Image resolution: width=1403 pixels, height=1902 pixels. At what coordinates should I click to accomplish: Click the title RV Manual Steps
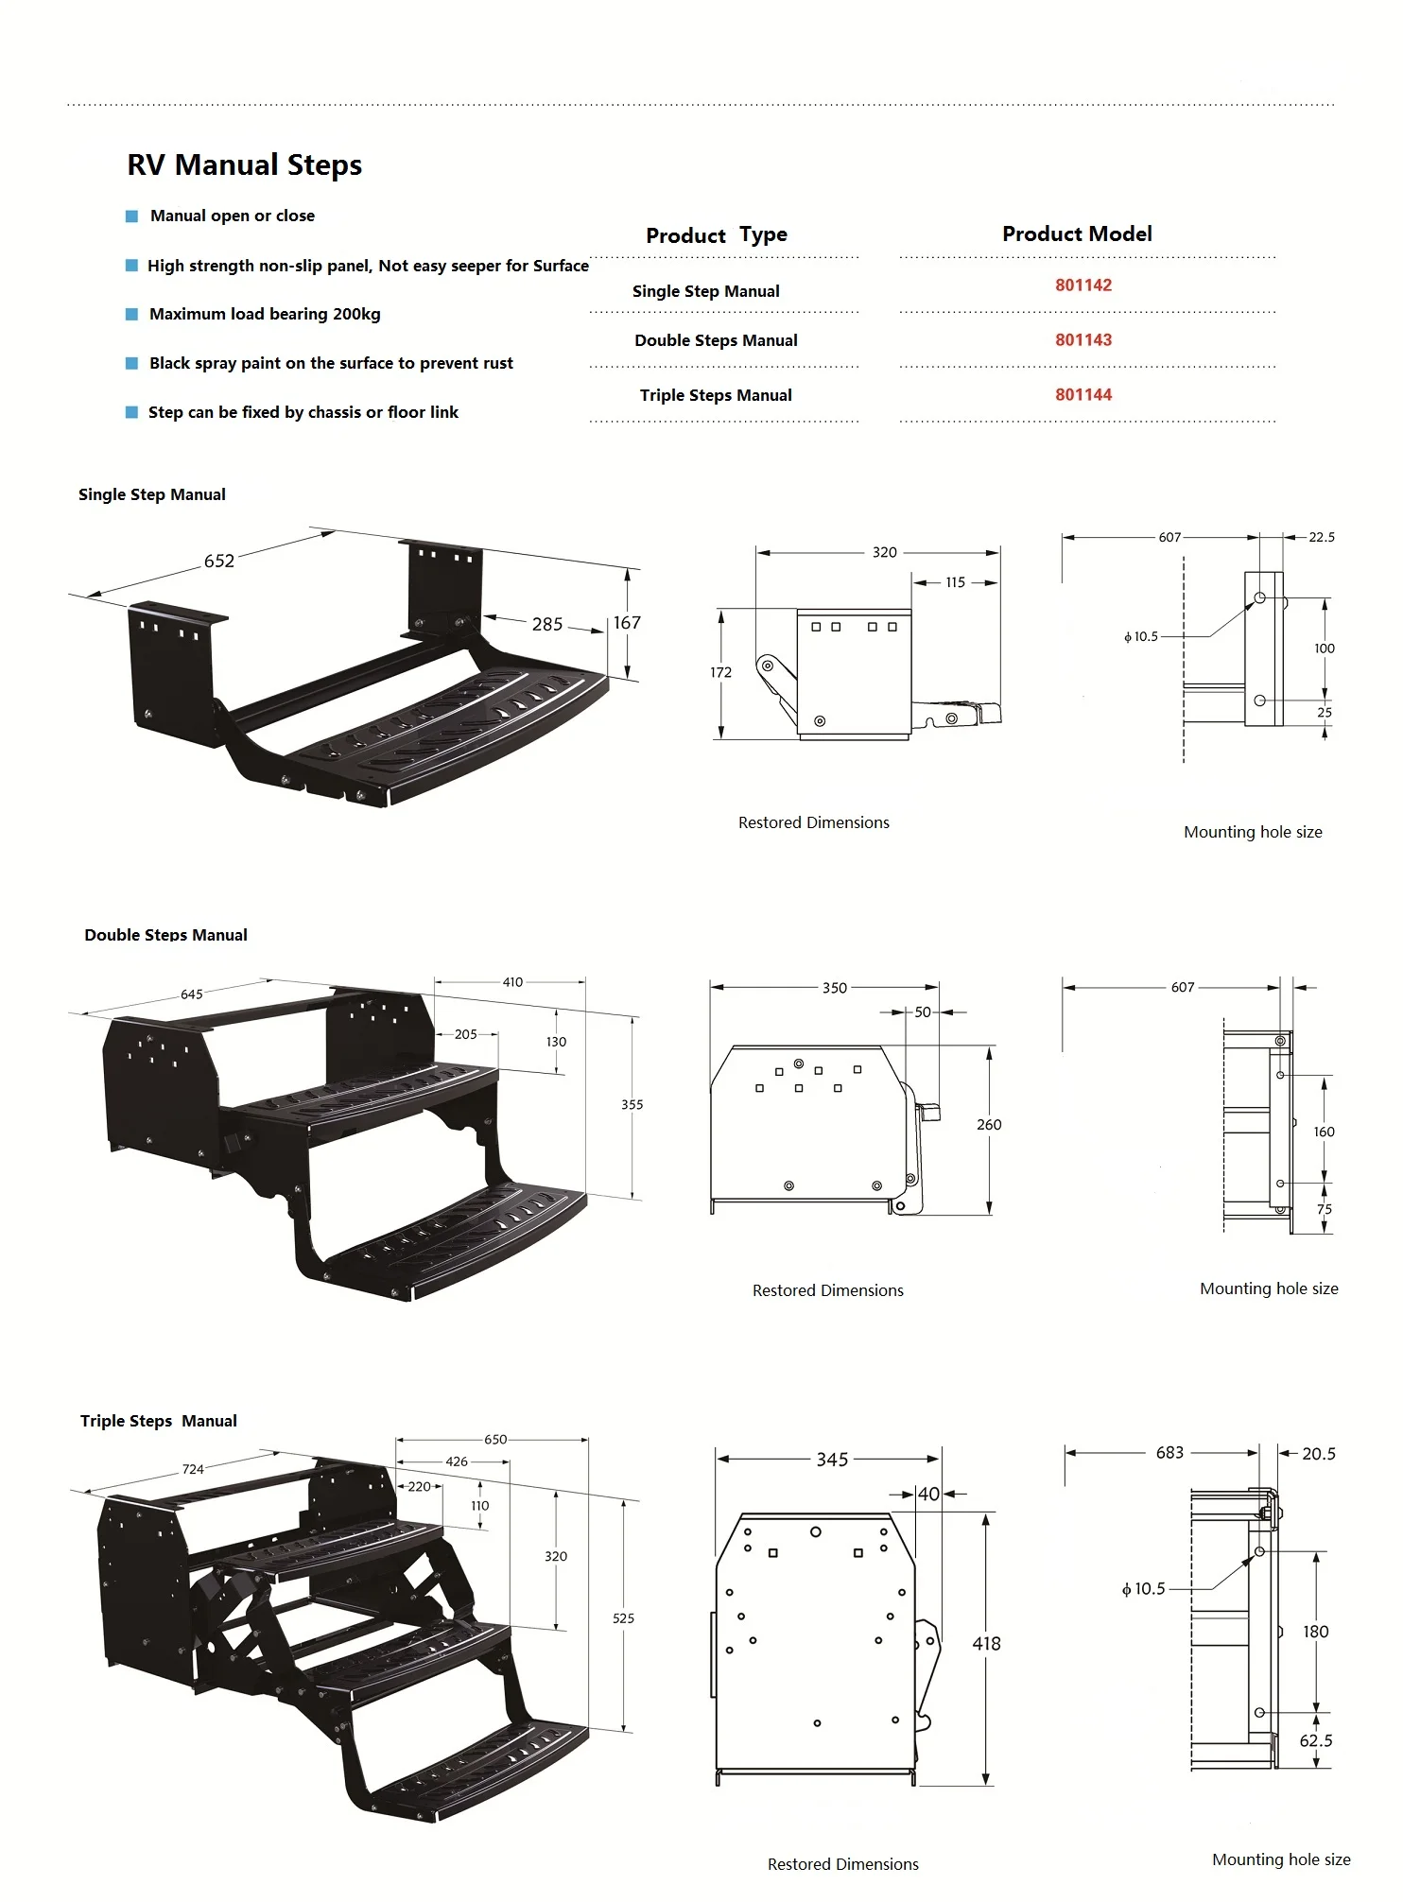click(244, 164)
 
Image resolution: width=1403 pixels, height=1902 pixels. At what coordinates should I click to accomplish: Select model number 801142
click(1083, 285)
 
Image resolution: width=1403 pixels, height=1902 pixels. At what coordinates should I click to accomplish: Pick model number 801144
click(1083, 395)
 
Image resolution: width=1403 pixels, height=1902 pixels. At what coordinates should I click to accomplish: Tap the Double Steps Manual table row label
click(716, 340)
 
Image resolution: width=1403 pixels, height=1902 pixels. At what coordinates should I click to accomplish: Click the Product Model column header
click(1076, 233)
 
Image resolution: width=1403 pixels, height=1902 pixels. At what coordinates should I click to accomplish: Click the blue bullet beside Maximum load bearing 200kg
click(132, 314)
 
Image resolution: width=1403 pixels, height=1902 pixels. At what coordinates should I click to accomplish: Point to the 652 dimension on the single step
click(219, 561)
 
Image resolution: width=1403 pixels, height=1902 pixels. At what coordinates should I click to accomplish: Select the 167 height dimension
click(627, 623)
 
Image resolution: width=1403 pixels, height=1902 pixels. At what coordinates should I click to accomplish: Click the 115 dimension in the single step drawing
click(955, 582)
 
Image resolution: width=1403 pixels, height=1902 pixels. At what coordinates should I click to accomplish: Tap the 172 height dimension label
click(720, 672)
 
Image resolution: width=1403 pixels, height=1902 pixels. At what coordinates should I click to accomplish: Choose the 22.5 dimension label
click(1321, 537)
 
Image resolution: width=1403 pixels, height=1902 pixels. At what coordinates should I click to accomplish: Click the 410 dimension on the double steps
click(512, 982)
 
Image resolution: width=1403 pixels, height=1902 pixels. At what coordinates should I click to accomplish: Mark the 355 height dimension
click(632, 1104)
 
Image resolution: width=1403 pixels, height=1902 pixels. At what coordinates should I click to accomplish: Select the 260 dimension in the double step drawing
click(989, 1124)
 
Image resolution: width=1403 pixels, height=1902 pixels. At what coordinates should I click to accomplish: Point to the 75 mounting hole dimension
click(1324, 1209)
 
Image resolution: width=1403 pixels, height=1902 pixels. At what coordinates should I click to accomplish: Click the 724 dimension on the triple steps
click(193, 1469)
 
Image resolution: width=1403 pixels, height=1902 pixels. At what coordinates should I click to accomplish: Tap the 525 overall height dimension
click(623, 1618)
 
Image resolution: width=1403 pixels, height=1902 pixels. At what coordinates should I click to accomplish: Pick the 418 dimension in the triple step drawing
click(986, 1644)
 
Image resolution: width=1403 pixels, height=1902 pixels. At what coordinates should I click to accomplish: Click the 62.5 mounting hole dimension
click(1315, 1740)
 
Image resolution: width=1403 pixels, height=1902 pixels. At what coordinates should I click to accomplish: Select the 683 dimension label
click(1169, 1453)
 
